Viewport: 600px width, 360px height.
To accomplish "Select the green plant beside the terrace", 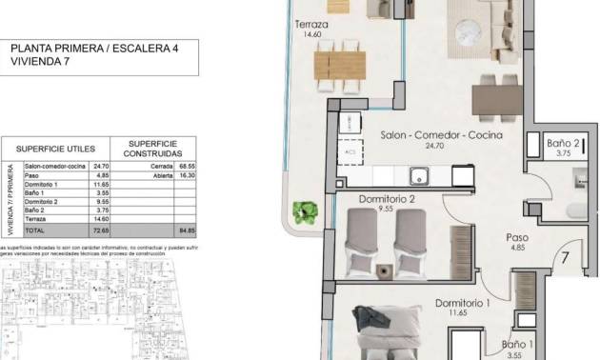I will tap(306, 211).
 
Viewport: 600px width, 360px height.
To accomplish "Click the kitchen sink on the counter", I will tap(417, 175).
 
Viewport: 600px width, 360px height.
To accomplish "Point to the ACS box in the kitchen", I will tap(350, 150).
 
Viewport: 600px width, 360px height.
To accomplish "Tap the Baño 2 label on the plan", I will tap(563, 143).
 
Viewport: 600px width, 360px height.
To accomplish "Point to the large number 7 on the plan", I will tap(566, 257).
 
